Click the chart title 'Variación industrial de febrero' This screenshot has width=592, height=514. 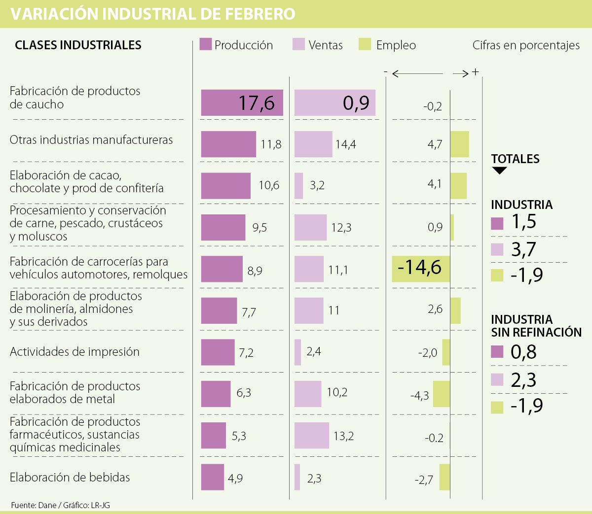pos(153,14)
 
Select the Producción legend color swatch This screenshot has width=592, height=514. pos(206,44)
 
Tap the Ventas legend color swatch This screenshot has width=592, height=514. pos(298,44)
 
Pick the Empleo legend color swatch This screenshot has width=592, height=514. pos(365,44)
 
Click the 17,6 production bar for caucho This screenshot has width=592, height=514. pos(242,103)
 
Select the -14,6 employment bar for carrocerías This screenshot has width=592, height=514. pos(421,269)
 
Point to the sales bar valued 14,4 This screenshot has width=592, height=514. pos(313,144)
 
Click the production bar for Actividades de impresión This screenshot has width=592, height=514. pos(218,352)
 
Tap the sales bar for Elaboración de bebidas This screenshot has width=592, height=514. pos(297,477)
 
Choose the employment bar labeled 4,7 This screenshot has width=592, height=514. pos(459,144)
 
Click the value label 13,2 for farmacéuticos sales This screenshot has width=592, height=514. pos(343,436)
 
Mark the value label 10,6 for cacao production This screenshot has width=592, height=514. pos(269,185)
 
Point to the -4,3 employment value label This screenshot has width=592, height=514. pos(419,395)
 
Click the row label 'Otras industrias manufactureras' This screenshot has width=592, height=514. pos(91,140)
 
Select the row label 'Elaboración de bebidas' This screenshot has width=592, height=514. pos(70,477)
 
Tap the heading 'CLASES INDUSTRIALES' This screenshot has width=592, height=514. pos(78,45)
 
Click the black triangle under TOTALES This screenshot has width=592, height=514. pos(499,171)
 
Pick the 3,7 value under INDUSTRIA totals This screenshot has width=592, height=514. pos(523,249)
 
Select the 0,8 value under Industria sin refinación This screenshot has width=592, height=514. pos(523,352)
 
